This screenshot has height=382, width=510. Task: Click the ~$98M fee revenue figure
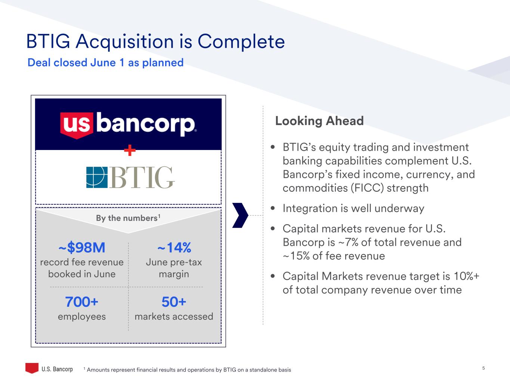pyautogui.click(x=82, y=247)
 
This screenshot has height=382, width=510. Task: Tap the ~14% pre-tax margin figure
pyautogui.click(x=174, y=247)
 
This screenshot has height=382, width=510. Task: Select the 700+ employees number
pyautogui.click(x=82, y=302)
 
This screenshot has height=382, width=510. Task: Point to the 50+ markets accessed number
pyautogui.click(x=174, y=302)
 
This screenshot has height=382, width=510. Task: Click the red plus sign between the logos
pyautogui.click(x=130, y=150)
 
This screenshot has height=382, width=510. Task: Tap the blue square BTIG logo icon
pyautogui.click(x=97, y=177)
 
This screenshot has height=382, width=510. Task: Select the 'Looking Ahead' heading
pyautogui.click(x=319, y=121)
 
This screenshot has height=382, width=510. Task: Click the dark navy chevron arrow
pyautogui.click(x=240, y=215)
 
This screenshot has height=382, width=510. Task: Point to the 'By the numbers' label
pyautogui.click(x=128, y=218)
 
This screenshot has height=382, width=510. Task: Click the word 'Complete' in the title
pyautogui.click(x=241, y=42)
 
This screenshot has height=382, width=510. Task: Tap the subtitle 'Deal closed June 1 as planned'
pyautogui.click(x=105, y=63)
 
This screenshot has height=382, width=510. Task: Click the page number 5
pyautogui.click(x=483, y=368)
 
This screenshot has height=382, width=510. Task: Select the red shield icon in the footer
pyautogui.click(x=32, y=368)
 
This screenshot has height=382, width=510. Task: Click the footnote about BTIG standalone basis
pyautogui.click(x=187, y=370)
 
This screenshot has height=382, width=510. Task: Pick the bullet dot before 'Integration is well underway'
pyautogui.click(x=273, y=208)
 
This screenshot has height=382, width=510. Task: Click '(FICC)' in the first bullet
pyautogui.click(x=367, y=188)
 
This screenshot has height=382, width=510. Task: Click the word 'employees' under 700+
pyautogui.click(x=82, y=317)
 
